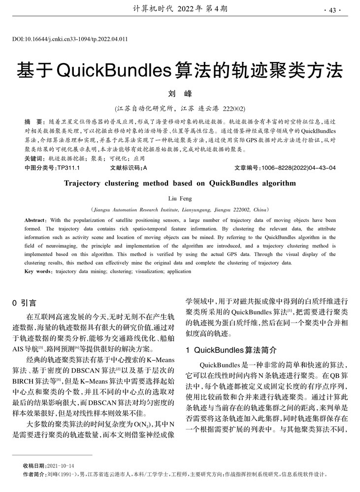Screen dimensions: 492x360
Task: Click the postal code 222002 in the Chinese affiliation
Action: [234, 108]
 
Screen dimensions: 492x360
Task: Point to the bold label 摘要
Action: [33, 121]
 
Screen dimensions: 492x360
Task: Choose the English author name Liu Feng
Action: [180, 198]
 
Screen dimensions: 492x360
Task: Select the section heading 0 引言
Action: [24, 303]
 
